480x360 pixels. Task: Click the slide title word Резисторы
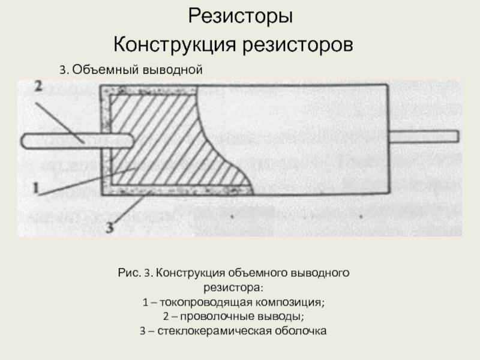241,16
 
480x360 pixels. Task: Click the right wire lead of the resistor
423,137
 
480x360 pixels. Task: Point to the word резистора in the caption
239,287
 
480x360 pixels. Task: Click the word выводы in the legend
283,316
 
